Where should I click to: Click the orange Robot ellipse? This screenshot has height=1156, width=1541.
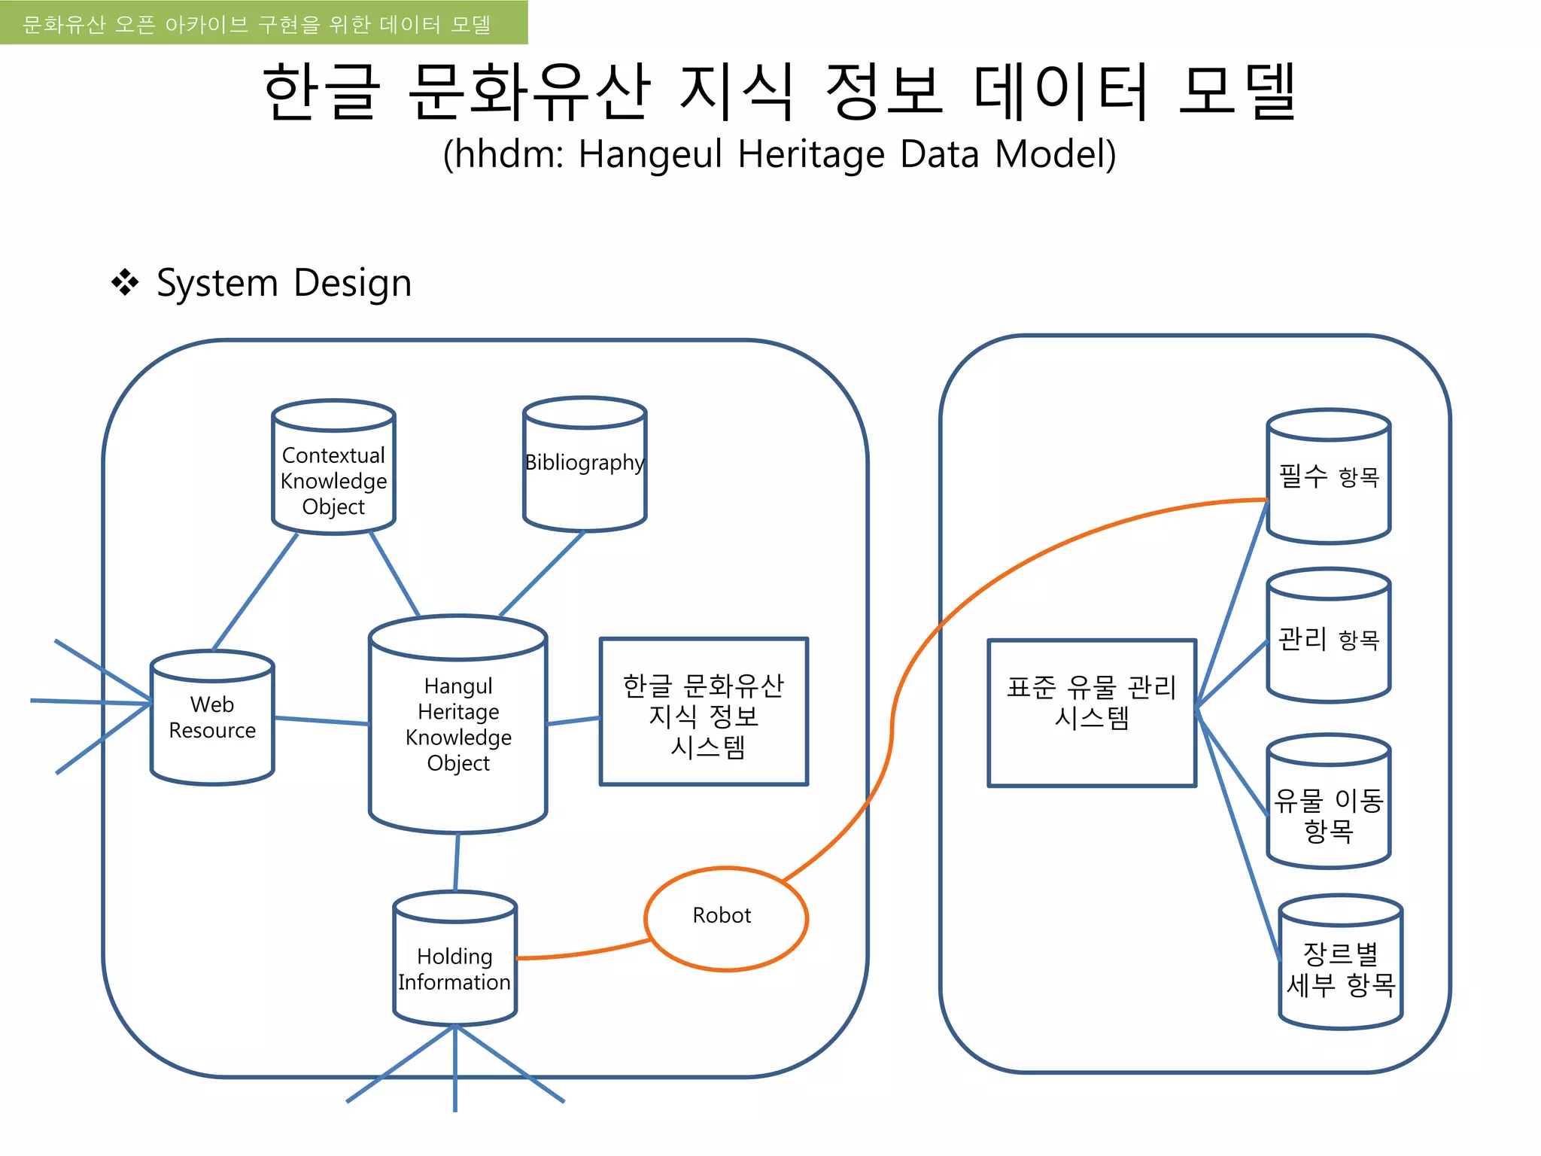click(x=725, y=918)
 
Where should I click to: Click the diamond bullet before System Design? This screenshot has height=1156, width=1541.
click(x=125, y=283)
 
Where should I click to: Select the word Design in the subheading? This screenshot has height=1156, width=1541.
click(x=352, y=284)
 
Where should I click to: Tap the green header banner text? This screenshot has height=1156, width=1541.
click(x=257, y=24)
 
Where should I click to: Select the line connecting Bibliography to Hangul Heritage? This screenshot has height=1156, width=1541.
click(x=542, y=573)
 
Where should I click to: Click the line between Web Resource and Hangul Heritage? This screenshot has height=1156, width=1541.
click(x=322, y=721)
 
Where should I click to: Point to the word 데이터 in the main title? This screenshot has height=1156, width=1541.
click(x=1060, y=92)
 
